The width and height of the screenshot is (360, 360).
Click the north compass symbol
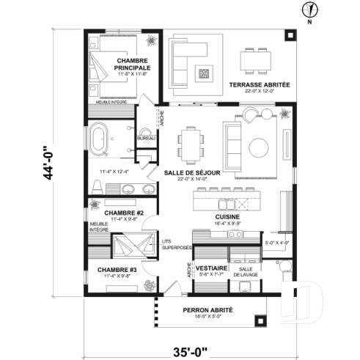pyautogui.click(x=311, y=10)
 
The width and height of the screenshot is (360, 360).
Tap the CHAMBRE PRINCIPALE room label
pyautogui.click(x=133, y=64)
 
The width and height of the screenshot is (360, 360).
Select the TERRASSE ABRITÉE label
pyautogui.click(x=259, y=85)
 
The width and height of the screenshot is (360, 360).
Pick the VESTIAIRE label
pyautogui.click(x=210, y=268)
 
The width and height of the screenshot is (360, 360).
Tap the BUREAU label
pyautogui.click(x=146, y=138)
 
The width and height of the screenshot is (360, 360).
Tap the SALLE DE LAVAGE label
pyautogui.click(x=246, y=271)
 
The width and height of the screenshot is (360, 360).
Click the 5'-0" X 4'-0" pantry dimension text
pyautogui.click(x=276, y=243)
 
